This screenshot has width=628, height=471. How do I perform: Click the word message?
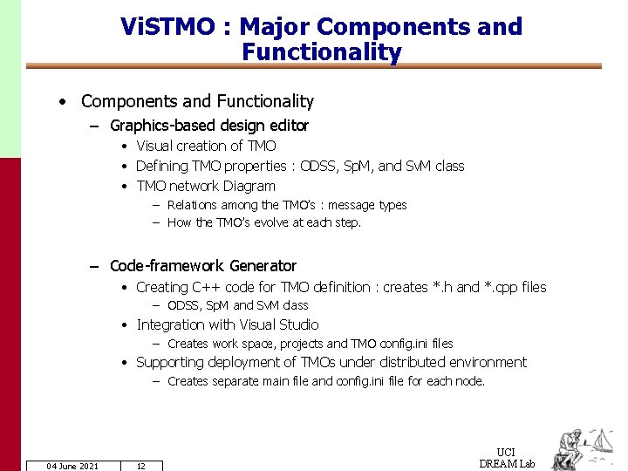(x=349, y=205)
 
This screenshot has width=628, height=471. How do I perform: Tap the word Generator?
(x=263, y=266)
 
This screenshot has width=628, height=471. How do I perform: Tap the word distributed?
(x=413, y=362)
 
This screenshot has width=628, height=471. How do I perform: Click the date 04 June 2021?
(x=72, y=466)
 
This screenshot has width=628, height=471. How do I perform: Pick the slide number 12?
(x=140, y=466)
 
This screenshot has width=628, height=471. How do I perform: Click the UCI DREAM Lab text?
(x=507, y=458)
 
